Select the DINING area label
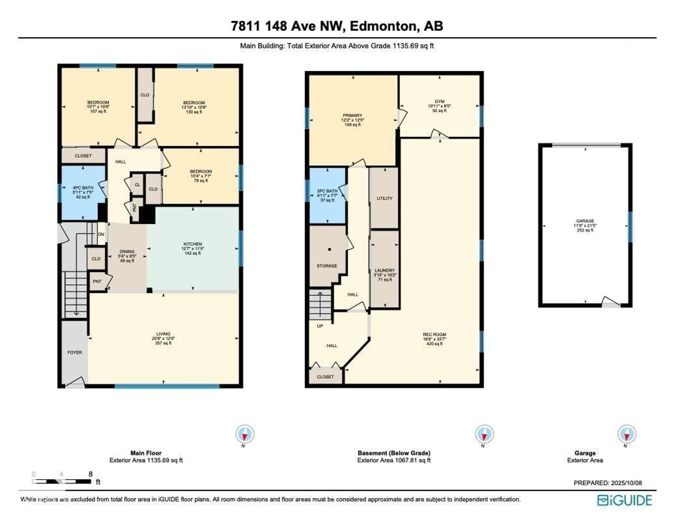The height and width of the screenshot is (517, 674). (127, 251)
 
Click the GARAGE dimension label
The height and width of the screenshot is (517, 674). (585, 225)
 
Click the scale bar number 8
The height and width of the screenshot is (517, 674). (91, 474)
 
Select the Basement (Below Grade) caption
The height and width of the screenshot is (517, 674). (394, 453)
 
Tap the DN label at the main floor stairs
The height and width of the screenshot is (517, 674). (101, 234)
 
